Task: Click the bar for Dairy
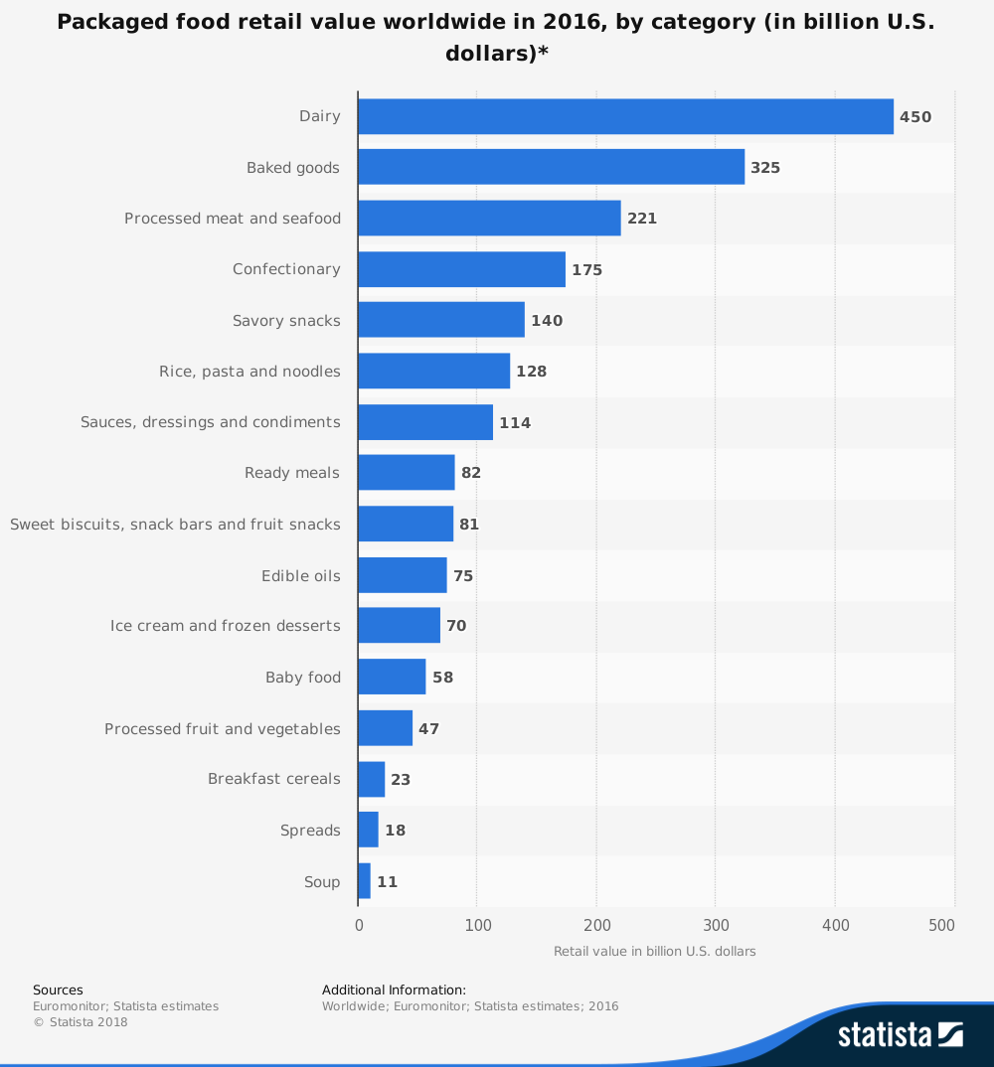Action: tap(625, 116)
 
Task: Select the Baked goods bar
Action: tap(551, 167)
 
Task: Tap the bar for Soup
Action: tap(364, 881)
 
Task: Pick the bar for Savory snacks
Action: tap(440, 320)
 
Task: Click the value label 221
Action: tap(642, 219)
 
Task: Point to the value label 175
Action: tap(586, 269)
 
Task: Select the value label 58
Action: tap(442, 678)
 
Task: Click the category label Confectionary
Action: tap(286, 269)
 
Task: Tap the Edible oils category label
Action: tap(300, 576)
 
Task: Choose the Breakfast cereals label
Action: tap(273, 779)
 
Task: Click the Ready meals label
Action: tap(292, 473)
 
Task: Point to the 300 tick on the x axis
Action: tap(716, 926)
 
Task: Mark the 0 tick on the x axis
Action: tap(359, 926)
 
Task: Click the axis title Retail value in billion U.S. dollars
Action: tap(654, 951)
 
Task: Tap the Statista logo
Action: tap(900, 1034)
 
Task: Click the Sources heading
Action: tap(58, 990)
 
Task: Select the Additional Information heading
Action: tap(394, 990)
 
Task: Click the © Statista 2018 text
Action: tap(81, 1021)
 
